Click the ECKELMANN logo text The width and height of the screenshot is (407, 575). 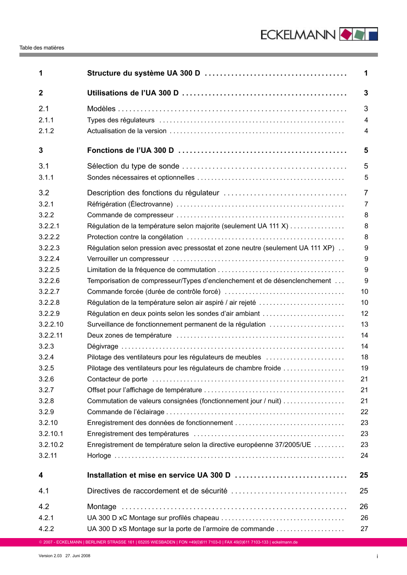298,35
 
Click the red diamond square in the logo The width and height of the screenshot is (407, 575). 347,34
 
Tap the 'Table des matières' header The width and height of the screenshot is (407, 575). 42,48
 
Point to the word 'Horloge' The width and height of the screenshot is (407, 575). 99,456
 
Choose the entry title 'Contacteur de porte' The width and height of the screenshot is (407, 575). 117,379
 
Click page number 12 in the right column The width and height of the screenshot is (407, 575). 364,314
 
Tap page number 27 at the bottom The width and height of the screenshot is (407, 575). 364,529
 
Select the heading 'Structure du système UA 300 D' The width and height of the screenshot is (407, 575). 144,73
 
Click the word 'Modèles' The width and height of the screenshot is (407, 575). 101,109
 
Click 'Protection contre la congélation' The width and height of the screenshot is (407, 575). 135,237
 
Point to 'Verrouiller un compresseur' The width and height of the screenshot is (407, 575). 128,259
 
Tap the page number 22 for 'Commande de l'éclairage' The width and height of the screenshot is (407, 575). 364,412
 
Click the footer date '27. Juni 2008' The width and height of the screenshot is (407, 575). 78,556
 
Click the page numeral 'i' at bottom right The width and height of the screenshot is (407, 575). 377,556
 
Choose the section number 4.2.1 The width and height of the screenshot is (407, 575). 46,518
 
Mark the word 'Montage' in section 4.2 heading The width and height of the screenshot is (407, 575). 102,507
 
